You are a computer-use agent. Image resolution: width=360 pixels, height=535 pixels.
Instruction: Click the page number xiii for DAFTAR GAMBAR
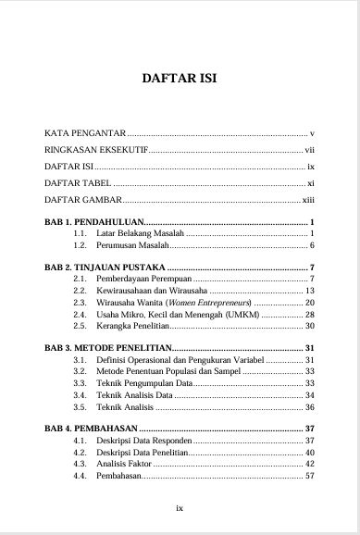pos(309,199)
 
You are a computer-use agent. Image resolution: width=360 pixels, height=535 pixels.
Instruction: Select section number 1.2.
pos(80,248)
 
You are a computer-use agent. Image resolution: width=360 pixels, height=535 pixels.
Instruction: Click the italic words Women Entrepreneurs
pos(212,303)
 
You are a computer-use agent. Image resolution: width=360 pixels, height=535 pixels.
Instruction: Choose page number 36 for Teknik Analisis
pos(310,407)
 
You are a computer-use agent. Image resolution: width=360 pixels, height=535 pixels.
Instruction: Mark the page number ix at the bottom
pos(180,507)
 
